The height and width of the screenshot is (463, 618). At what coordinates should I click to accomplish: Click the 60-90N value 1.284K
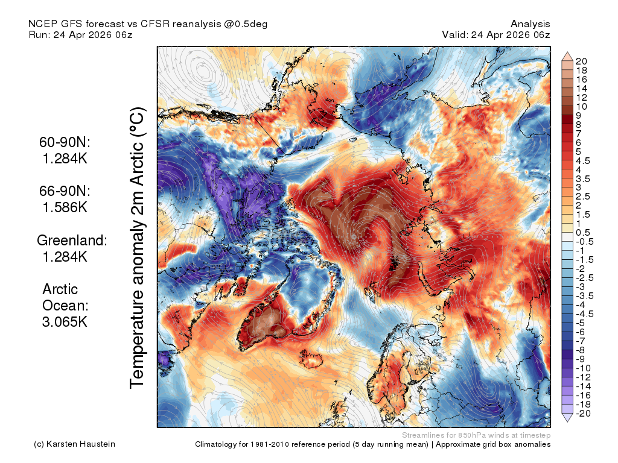pyautogui.click(x=65, y=159)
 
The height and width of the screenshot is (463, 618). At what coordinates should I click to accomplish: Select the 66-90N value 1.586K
pyautogui.click(x=65, y=207)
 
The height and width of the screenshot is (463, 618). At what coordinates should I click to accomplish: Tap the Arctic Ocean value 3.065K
pyautogui.click(x=65, y=322)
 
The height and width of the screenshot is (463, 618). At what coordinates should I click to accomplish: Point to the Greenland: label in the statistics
pyautogui.click(x=72, y=240)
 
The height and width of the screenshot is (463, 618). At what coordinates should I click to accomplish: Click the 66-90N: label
pyautogui.click(x=65, y=191)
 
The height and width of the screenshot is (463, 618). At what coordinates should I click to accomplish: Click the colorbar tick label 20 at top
pyautogui.click(x=581, y=61)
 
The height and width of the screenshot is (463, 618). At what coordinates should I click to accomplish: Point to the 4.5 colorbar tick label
pyautogui.click(x=583, y=161)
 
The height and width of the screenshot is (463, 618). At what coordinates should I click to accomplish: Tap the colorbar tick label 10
pyautogui.click(x=581, y=107)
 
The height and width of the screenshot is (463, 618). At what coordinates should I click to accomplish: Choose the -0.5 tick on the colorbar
pyautogui.click(x=584, y=242)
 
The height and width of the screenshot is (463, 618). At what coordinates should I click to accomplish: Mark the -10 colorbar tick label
pyautogui.click(x=584, y=368)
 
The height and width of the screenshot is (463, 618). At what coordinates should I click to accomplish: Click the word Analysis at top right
pyautogui.click(x=530, y=24)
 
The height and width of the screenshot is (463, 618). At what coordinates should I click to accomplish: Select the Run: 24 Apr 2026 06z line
pyautogui.click(x=80, y=34)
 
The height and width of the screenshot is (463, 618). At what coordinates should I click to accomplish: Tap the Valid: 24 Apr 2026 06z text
pyautogui.click(x=496, y=34)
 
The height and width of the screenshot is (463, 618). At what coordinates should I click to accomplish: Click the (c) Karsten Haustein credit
pyautogui.click(x=74, y=444)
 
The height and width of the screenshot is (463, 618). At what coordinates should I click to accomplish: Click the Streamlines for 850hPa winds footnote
pyautogui.click(x=476, y=435)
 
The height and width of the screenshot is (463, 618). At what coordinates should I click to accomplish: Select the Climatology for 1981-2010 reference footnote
pyautogui.click(x=373, y=444)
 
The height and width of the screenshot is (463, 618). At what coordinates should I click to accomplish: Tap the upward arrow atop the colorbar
pyautogui.click(x=567, y=56)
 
